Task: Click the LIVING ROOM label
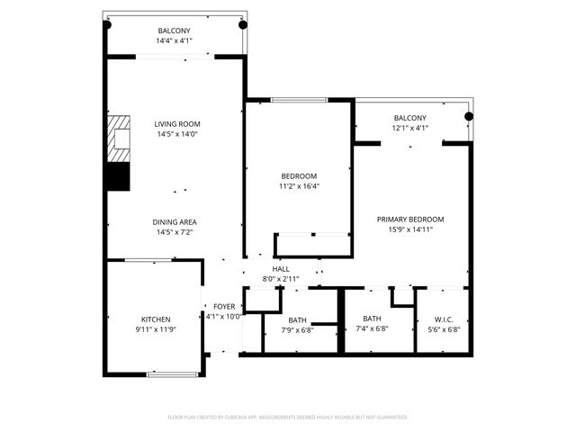point(176,124)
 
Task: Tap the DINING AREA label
point(175,221)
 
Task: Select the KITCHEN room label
point(156,319)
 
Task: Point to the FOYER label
point(224,307)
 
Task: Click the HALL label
point(281,268)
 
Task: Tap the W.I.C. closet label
point(442,319)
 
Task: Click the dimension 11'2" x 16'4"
point(300,186)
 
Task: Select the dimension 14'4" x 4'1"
point(175,41)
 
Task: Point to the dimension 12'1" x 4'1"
point(410,128)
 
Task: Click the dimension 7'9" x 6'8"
point(298,329)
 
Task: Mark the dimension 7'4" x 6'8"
point(373,328)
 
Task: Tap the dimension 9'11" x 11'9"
point(156,329)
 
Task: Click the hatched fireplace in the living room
point(117,139)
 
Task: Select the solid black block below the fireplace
point(117,176)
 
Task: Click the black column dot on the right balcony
point(468,116)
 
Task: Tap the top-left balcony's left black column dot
point(106,25)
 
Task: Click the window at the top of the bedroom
point(299,99)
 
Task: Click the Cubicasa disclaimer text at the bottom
point(288,418)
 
